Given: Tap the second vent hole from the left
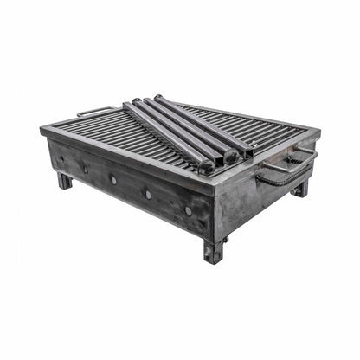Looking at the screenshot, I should (86, 169).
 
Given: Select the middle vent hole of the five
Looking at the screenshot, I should (113, 180).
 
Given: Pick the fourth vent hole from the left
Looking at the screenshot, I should (147, 194).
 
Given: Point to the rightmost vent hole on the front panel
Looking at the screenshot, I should (188, 209).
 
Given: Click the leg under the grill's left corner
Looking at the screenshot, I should (65, 181).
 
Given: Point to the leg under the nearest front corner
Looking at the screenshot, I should (213, 252).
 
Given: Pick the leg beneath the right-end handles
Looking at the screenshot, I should (300, 188).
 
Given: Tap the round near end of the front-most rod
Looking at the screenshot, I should (206, 167).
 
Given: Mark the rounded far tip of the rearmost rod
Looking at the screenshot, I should (157, 97).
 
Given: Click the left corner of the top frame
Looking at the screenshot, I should (42, 131).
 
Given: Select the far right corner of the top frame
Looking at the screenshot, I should (317, 131).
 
